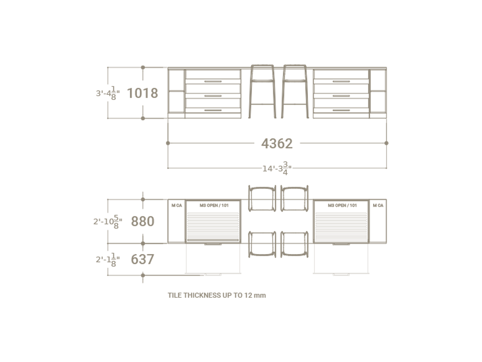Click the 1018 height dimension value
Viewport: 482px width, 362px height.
pos(142,93)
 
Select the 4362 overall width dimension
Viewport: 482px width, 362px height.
pos(277,143)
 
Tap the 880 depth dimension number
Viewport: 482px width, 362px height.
pos(142,221)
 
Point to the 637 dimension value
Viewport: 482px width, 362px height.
pos(142,259)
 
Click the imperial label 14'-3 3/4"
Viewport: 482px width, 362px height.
pos(277,168)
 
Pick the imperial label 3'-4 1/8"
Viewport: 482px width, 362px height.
pos(108,93)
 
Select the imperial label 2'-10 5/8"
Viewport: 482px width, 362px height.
pos(107,221)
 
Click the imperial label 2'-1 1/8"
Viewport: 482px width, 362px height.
pos(108,259)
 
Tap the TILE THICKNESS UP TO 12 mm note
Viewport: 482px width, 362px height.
pos(217,295)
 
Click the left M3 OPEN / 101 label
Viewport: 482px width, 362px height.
pos(213,205)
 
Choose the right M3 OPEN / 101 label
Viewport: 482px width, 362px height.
pos(342,205)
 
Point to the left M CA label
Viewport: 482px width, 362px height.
pos(177,205)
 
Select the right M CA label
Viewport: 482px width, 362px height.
pos(378,205)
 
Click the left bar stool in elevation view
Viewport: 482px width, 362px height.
pos(262,91)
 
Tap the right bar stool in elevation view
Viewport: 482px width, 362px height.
pos(294,91)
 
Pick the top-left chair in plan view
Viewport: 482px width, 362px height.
pos(262,198)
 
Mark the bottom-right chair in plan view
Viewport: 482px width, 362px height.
pos(294,244)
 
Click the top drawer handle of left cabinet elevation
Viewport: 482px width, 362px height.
pos(213,81)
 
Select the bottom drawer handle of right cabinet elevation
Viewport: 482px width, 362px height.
pos(341,110)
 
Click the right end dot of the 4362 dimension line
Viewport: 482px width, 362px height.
pos(387,143)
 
